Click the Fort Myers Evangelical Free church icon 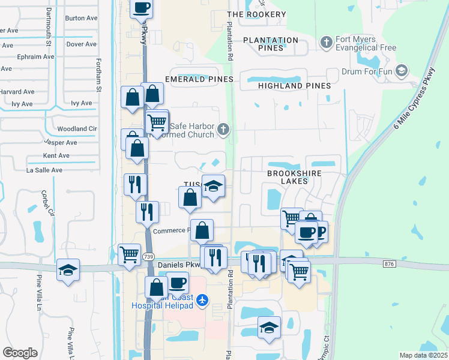(x=326, y=42)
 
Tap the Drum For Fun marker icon (x=401, y=72)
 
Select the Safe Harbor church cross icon (x=223, y=128)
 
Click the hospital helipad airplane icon (x=203, y=299)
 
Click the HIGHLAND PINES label (x=294, y=86)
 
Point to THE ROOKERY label (x=257, y=14)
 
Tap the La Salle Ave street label (x=44, y=170)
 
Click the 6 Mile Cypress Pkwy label (x=415, y=107)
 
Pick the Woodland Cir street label (x=77, y=129)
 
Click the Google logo (x=20, y=353)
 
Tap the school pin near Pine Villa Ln (x=68, y=269)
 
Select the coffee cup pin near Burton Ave (x=141, y=8)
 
